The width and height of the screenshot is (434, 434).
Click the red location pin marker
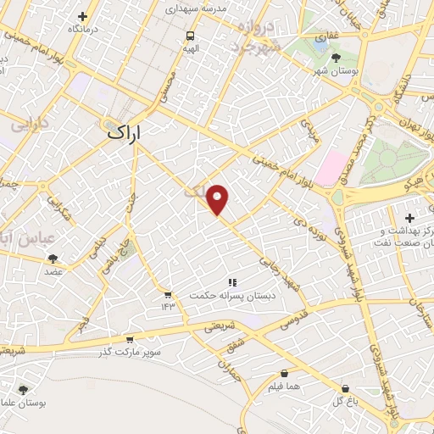[x=218, y=198]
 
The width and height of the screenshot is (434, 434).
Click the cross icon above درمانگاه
[x=82, y=16]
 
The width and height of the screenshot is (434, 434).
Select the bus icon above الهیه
[x=190, y=36]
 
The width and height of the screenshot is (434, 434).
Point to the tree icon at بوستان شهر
[x=337, y=57]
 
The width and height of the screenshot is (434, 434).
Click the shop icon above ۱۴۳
[x=168, y=294]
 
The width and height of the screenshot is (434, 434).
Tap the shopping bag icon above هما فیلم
[x=283, y=373]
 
